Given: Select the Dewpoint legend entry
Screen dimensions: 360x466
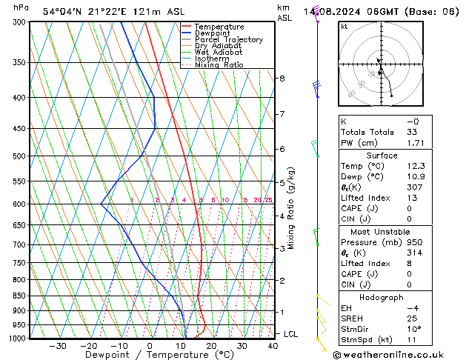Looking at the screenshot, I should point(216,33).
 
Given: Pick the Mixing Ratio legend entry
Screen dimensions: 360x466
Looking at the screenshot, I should point(219,65).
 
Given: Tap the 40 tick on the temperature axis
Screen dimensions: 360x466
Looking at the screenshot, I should point(273,346).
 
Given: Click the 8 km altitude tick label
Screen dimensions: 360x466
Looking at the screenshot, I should point(282,79).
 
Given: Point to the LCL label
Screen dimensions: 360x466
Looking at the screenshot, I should point(291,334).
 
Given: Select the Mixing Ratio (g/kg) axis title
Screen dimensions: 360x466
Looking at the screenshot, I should point(292,208).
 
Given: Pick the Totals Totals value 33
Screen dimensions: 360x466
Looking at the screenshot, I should point(411,132).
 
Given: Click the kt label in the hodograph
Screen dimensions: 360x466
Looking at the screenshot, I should point(344,27).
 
